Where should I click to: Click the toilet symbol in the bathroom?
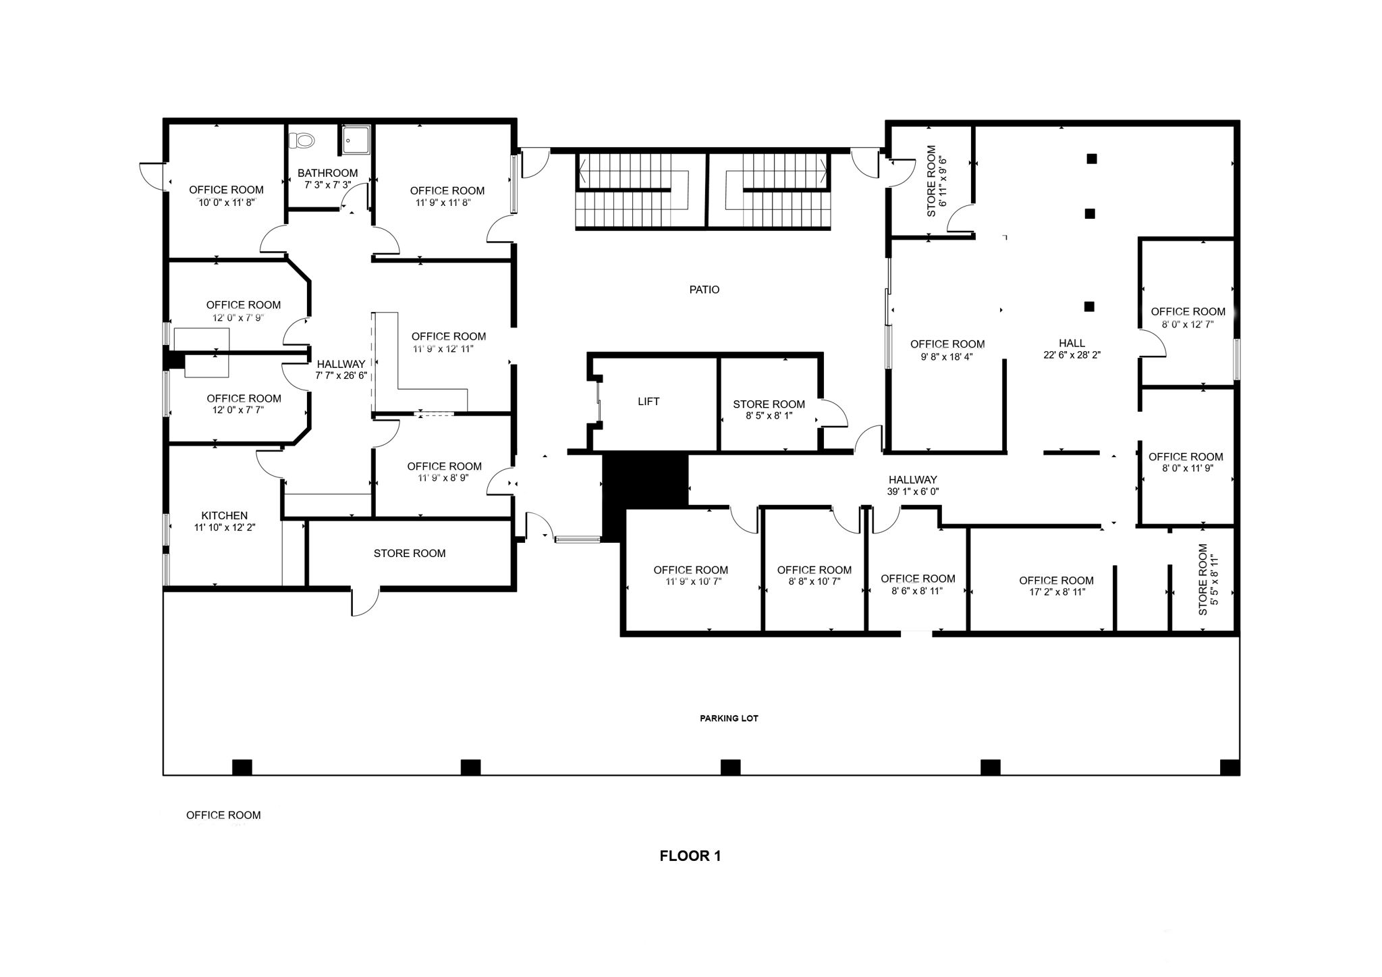(x=302, y=140)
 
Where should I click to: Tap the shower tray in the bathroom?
(x=355, y=139)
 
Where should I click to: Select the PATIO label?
(x=704, y=290)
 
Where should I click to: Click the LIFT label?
(x=648, y=402)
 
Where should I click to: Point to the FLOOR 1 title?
(x=690, y=856)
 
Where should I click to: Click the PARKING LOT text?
(x=729, y=718)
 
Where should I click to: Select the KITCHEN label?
(x=224, y=516)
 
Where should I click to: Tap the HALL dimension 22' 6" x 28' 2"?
(x=1072, y=354)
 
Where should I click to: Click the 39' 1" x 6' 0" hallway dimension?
(x=912, y=492)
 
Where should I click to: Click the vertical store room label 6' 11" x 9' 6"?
(x=937, y=181)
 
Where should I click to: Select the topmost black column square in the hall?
(x=1091, y=159)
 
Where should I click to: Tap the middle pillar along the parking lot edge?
(x=730, y=767)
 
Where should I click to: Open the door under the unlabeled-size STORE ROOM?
(x=365, y=602)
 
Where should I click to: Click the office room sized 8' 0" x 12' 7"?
(x=1188, y=317)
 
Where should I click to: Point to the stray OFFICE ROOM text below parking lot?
(x=223, y=816)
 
